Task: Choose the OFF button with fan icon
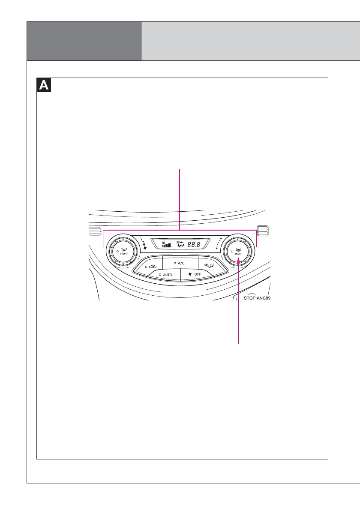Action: [195, 274]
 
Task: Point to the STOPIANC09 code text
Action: [257, 297]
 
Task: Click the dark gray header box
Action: [84, 41]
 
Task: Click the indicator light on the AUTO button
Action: [159, 274]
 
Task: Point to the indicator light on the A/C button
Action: [175, 262]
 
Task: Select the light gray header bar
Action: [250, 41]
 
